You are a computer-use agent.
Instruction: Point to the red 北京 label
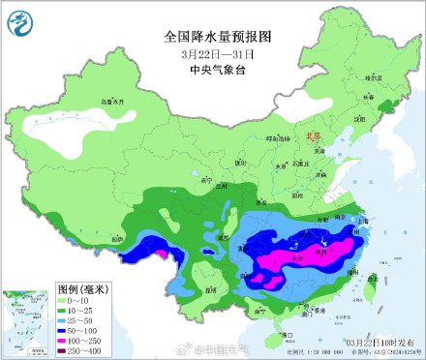click(x=312, y=137)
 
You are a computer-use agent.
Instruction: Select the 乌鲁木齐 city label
click(x=114, y=101)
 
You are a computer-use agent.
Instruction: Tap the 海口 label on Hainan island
click(x=286, y=334)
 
